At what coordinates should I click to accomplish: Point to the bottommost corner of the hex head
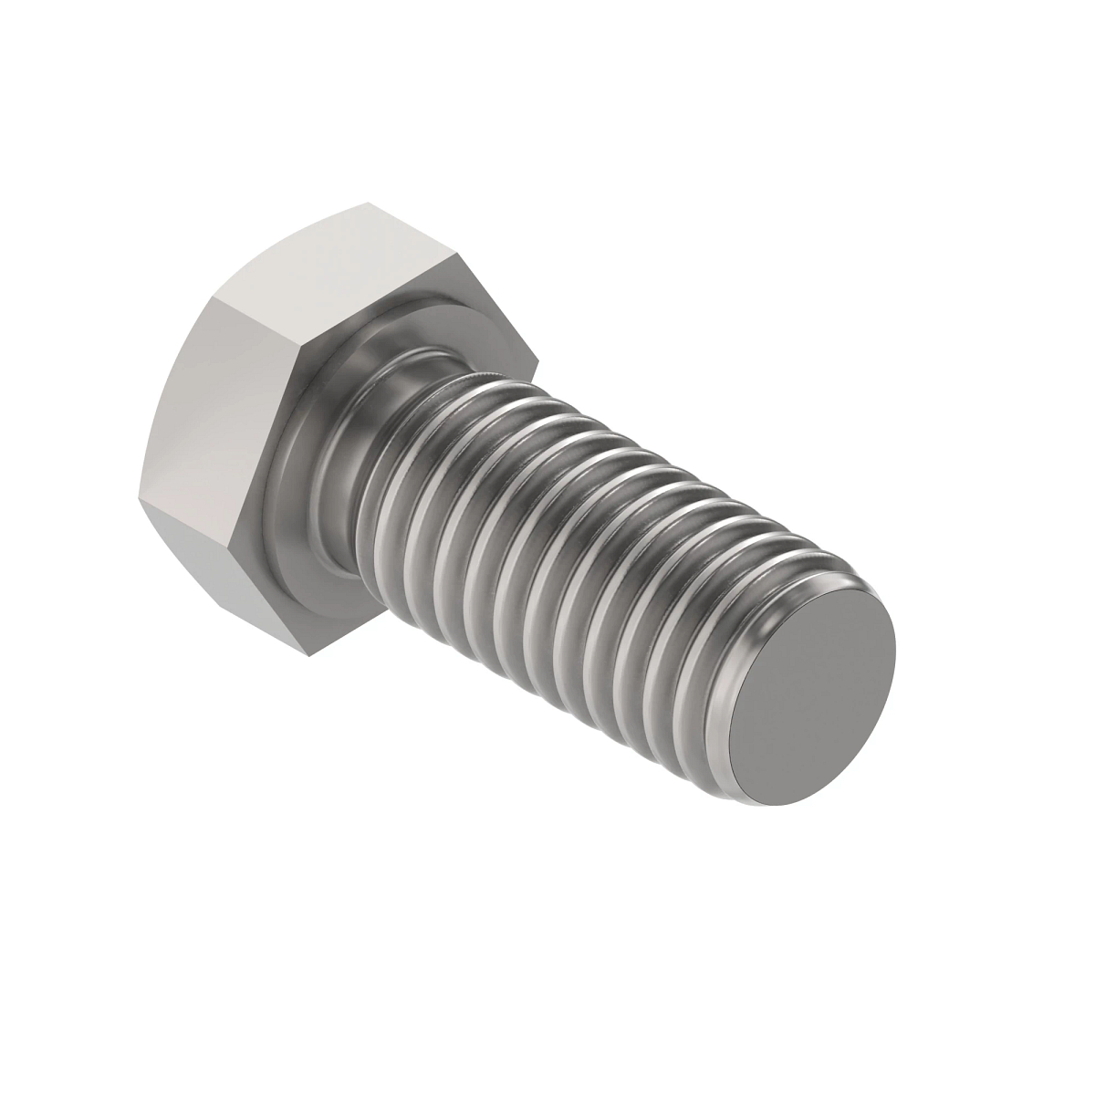tap(317, 652)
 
